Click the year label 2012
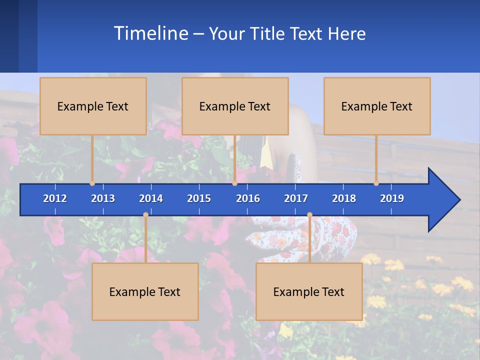(55, 198)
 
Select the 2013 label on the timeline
(103, 198)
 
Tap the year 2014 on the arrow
(151, 198)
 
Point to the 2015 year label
(199, 198)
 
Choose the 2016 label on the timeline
(248, 198)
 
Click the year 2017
(296, 198)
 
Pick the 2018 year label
(344, 198)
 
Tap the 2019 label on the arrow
(392, 198)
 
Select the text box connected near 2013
(93, 106)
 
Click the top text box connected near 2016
(235, 106)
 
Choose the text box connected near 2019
(377, 106)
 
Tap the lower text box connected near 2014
(145, 291)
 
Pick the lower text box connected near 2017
(309, 291)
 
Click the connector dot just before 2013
(92, 183)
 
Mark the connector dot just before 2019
(376, 183)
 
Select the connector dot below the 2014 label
(145, 215)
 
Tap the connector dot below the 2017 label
(309, 215)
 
